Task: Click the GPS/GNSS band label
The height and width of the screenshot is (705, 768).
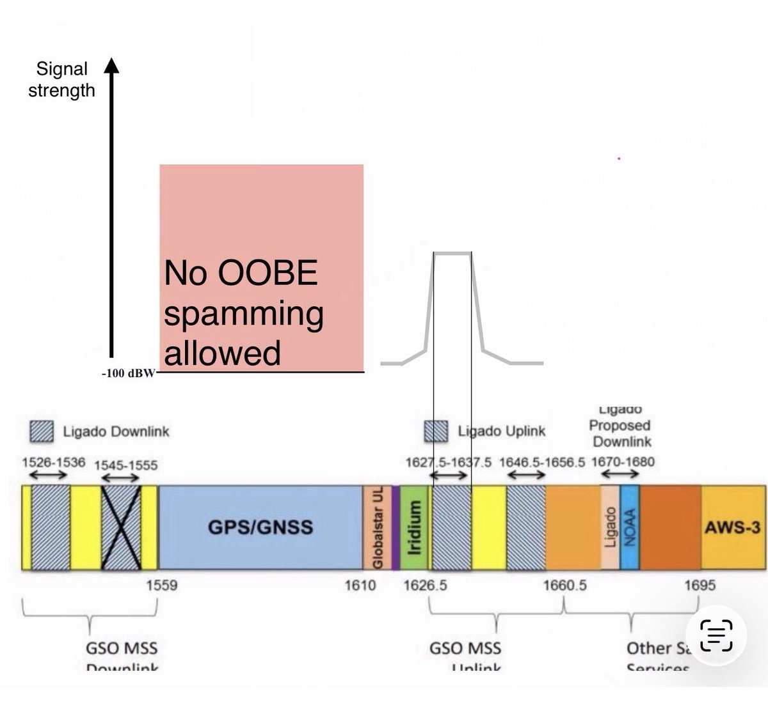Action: [x=260, y=527]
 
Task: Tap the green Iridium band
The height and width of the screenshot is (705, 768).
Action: [x=413, y=527]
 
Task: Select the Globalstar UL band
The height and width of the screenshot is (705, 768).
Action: [x=378, y=527]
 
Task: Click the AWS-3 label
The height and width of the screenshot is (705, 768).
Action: [x=733, y=528]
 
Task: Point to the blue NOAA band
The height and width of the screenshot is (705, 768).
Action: [x=630, y=527]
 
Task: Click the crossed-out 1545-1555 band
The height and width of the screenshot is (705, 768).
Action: [x=121, y=527]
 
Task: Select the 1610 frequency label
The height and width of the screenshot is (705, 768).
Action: [x=360, y=585]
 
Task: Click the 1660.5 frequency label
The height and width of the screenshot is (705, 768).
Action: [x=565, y=585]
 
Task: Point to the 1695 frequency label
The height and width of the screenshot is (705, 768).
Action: [x=700, y=585]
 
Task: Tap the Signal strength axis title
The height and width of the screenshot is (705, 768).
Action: [x=61, y=80]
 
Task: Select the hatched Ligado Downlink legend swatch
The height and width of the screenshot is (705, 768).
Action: [x=44, y=431]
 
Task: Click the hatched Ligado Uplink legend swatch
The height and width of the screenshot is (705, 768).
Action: [x=436, y=431]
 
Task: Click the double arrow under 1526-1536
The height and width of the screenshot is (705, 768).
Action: [x=49, y=476]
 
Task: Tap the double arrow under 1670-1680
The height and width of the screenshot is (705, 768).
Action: [x=620, y=474]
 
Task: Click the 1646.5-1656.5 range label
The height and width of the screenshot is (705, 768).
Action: [x=541, y=462]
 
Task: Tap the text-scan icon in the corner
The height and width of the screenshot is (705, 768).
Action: [x=716, y=634]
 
